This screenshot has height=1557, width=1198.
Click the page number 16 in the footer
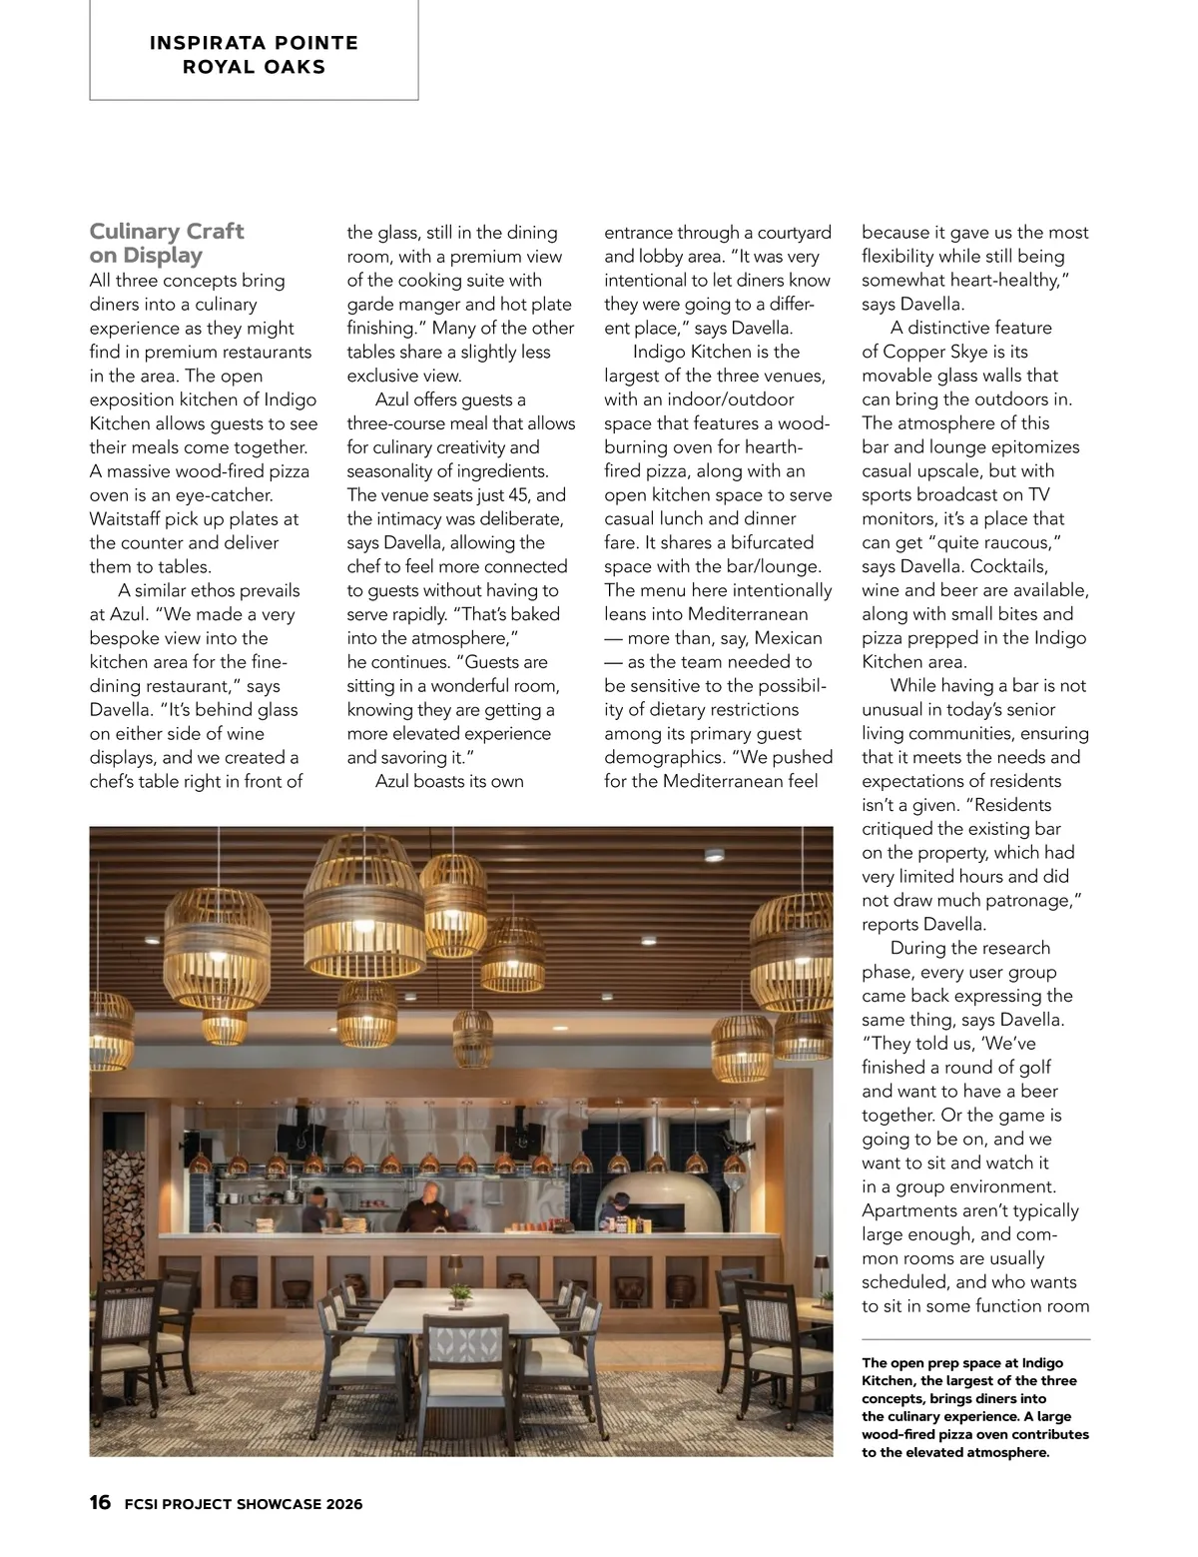coord(100,1503)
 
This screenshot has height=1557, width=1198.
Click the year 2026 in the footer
coord(343,1504)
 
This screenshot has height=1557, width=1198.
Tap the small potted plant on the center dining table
coord(459,1295)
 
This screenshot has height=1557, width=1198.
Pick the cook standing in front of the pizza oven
coord(610,1216)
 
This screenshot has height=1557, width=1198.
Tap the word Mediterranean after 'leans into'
coord(748,614)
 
